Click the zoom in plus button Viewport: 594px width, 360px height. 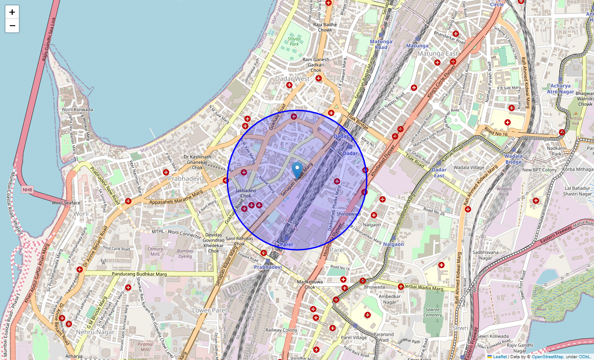[x=12, y=12]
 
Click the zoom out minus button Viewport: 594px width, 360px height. [x=12, y=26]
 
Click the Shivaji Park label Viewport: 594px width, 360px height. [x=294, y=41]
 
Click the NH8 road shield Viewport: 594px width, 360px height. [x=27, y=190]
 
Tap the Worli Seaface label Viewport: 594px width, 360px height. [x=66, y=203]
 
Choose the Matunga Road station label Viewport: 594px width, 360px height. [x=381, y=44]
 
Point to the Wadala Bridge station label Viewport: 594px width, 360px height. [x=513, y=159]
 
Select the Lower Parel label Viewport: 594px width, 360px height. [x=207, y=310]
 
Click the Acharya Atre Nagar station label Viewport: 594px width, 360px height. [x=560, y=89]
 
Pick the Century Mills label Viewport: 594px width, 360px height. [x=155, y=252]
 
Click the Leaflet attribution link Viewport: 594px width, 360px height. [x=499, y=357]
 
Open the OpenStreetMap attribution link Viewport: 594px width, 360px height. [x=547, y=357]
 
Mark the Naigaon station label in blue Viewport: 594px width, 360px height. [x=393, y=244]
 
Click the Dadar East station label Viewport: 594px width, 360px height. [x=439, y=172]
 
